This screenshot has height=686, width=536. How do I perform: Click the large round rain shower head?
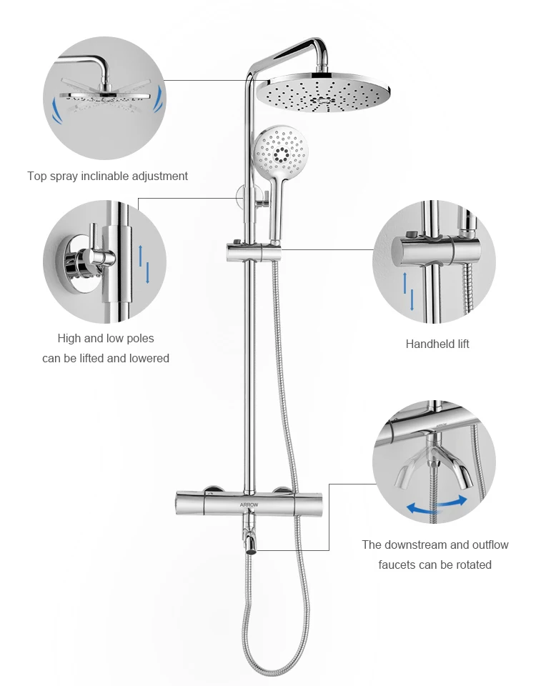323,93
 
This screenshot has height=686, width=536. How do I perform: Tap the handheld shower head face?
280,151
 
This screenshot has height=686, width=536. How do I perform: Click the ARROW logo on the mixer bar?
249,505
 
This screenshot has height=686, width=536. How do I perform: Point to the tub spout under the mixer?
250,540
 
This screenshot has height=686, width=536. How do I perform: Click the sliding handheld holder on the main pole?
254,252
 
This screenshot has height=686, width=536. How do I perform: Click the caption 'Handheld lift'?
437,344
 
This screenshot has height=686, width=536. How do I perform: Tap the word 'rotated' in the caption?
473,565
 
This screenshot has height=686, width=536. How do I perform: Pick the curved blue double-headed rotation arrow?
436,506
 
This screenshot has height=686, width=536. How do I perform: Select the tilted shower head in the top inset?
106,95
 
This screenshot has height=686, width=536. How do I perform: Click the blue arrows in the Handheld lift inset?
408,291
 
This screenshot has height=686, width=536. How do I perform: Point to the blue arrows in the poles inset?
144,264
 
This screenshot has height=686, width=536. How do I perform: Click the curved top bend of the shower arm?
317,44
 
